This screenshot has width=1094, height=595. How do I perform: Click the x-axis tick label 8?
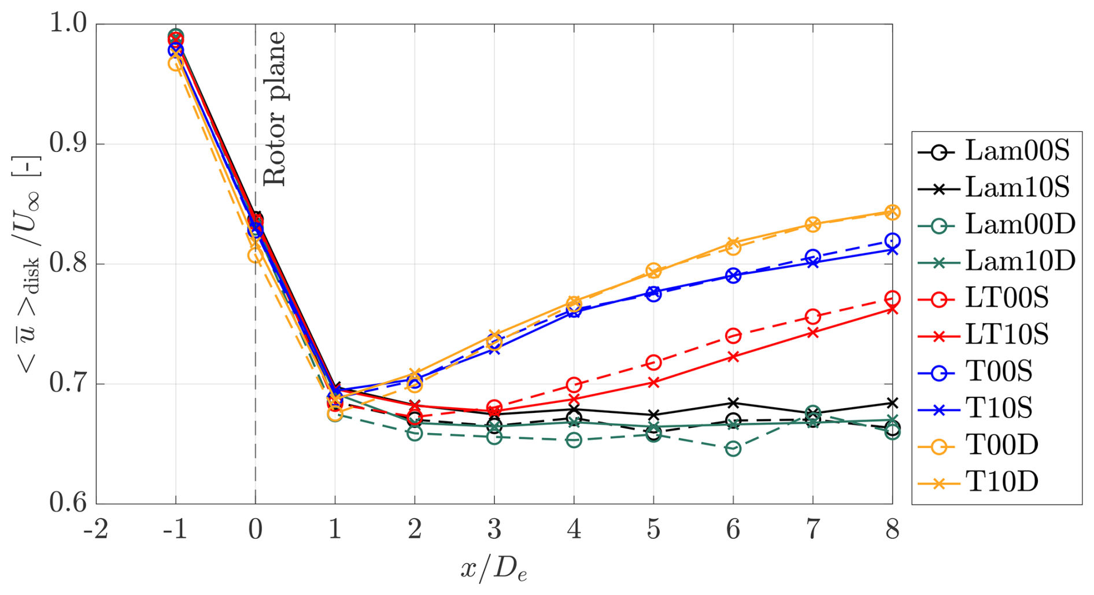click(x=892, y=529)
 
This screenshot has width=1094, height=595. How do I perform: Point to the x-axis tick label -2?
click(x=96, y=529)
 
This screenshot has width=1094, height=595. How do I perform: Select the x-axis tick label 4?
click(x=574, y=529)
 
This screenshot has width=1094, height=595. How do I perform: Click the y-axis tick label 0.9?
click(x=68, y=144)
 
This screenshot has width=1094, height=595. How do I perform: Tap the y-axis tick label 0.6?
click(x=68, y=504)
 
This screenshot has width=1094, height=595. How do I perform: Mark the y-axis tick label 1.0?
click(x=68, y=24)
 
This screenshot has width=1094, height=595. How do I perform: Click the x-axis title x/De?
click(x=494, y=569)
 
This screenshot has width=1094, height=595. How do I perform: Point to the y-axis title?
click(x=27, y=264)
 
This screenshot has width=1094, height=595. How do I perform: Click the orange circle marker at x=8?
click(x=892, y=212)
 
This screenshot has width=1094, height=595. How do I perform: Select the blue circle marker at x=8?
click(x=892, y=241)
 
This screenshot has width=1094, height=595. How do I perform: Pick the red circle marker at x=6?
click(x=733, y=336)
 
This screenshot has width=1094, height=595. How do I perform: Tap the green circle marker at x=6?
click(x=733, y=449)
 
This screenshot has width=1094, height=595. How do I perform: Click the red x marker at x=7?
click(x=813, y=332)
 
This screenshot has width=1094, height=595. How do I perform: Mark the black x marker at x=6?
click(x=733, y=403)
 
